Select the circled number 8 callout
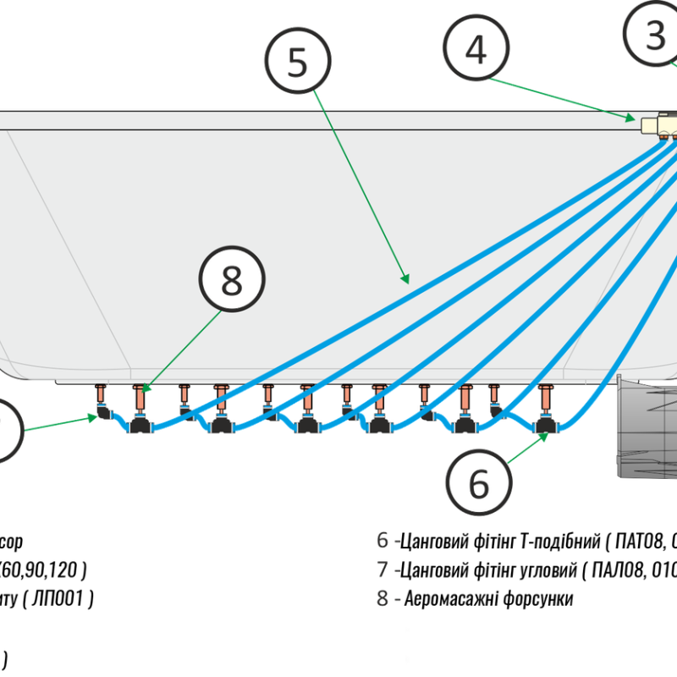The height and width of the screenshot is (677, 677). (x=232, y=280)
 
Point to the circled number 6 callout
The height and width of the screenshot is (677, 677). (x=479, y=482)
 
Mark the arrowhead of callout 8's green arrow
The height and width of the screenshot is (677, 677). (x=145, y=389)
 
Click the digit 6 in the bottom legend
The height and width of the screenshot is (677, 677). (x=383, y=539)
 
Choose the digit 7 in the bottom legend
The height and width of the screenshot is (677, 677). (x=382, y=569)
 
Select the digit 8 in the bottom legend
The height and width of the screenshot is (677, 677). (x=383, y=597)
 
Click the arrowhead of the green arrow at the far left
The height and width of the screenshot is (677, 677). (x=94, y=416)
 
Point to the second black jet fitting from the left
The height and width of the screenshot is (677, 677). (x=222, y=423)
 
